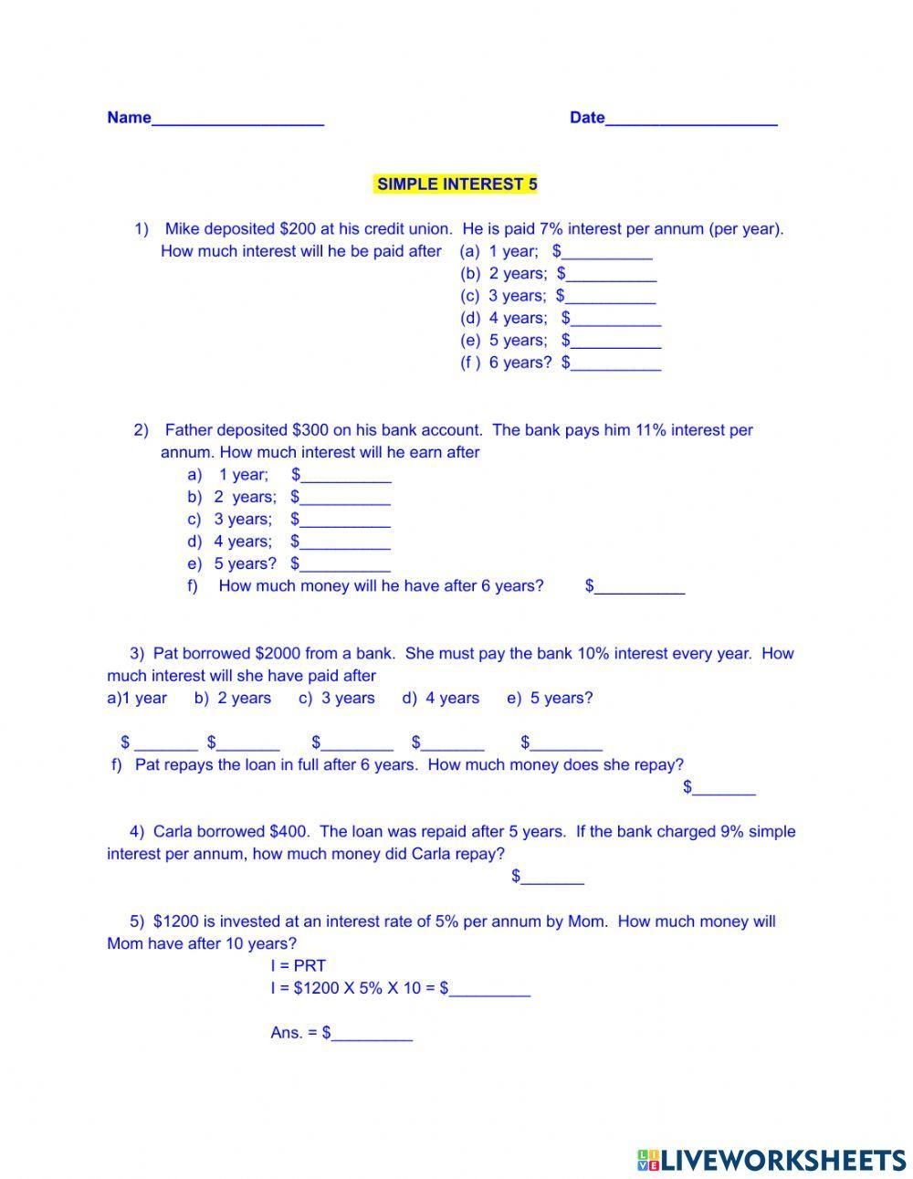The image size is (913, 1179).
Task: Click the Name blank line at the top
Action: coord(237,119)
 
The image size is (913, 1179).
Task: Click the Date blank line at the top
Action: coord(691,119)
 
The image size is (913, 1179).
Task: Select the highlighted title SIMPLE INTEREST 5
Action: coord(456,184)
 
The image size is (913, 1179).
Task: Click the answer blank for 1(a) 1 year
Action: coord(607,253)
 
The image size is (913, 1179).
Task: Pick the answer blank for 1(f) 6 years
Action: coord(616,364)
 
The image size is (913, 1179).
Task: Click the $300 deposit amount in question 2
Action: coord(310,430)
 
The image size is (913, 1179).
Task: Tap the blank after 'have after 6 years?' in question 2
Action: coord(639,587)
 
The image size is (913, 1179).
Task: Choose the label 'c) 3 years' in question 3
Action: coord(337,699)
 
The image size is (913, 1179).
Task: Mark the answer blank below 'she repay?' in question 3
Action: coord(724,788)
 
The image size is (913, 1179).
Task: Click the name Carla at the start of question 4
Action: coord(173,832)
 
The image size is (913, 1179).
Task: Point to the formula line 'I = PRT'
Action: coord(299,966)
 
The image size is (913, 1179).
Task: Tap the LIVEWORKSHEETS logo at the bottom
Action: coord(771,1160)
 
